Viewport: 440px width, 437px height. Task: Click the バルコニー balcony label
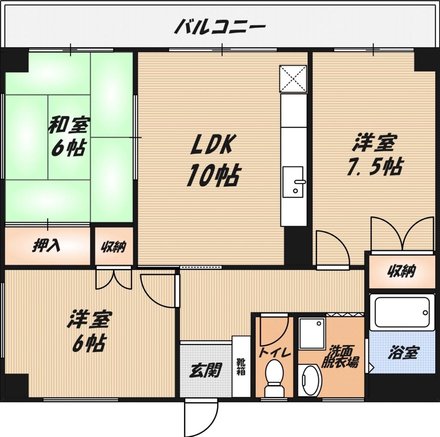220,26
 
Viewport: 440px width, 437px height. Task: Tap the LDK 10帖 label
213,161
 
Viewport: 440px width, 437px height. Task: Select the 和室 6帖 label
68,136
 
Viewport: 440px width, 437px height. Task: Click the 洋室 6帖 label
89,331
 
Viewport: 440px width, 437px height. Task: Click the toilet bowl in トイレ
274,378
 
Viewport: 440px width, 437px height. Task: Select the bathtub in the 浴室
402,312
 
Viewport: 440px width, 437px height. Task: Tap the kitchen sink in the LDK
293,182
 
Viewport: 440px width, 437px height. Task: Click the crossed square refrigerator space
293,79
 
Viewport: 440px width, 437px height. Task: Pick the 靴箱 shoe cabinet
241,366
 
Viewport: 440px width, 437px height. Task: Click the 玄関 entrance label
205,370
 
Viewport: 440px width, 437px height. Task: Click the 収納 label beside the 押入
114,247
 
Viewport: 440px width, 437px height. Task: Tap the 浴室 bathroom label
403,353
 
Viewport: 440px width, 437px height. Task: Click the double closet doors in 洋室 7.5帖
403,234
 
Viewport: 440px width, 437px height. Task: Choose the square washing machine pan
312,334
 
